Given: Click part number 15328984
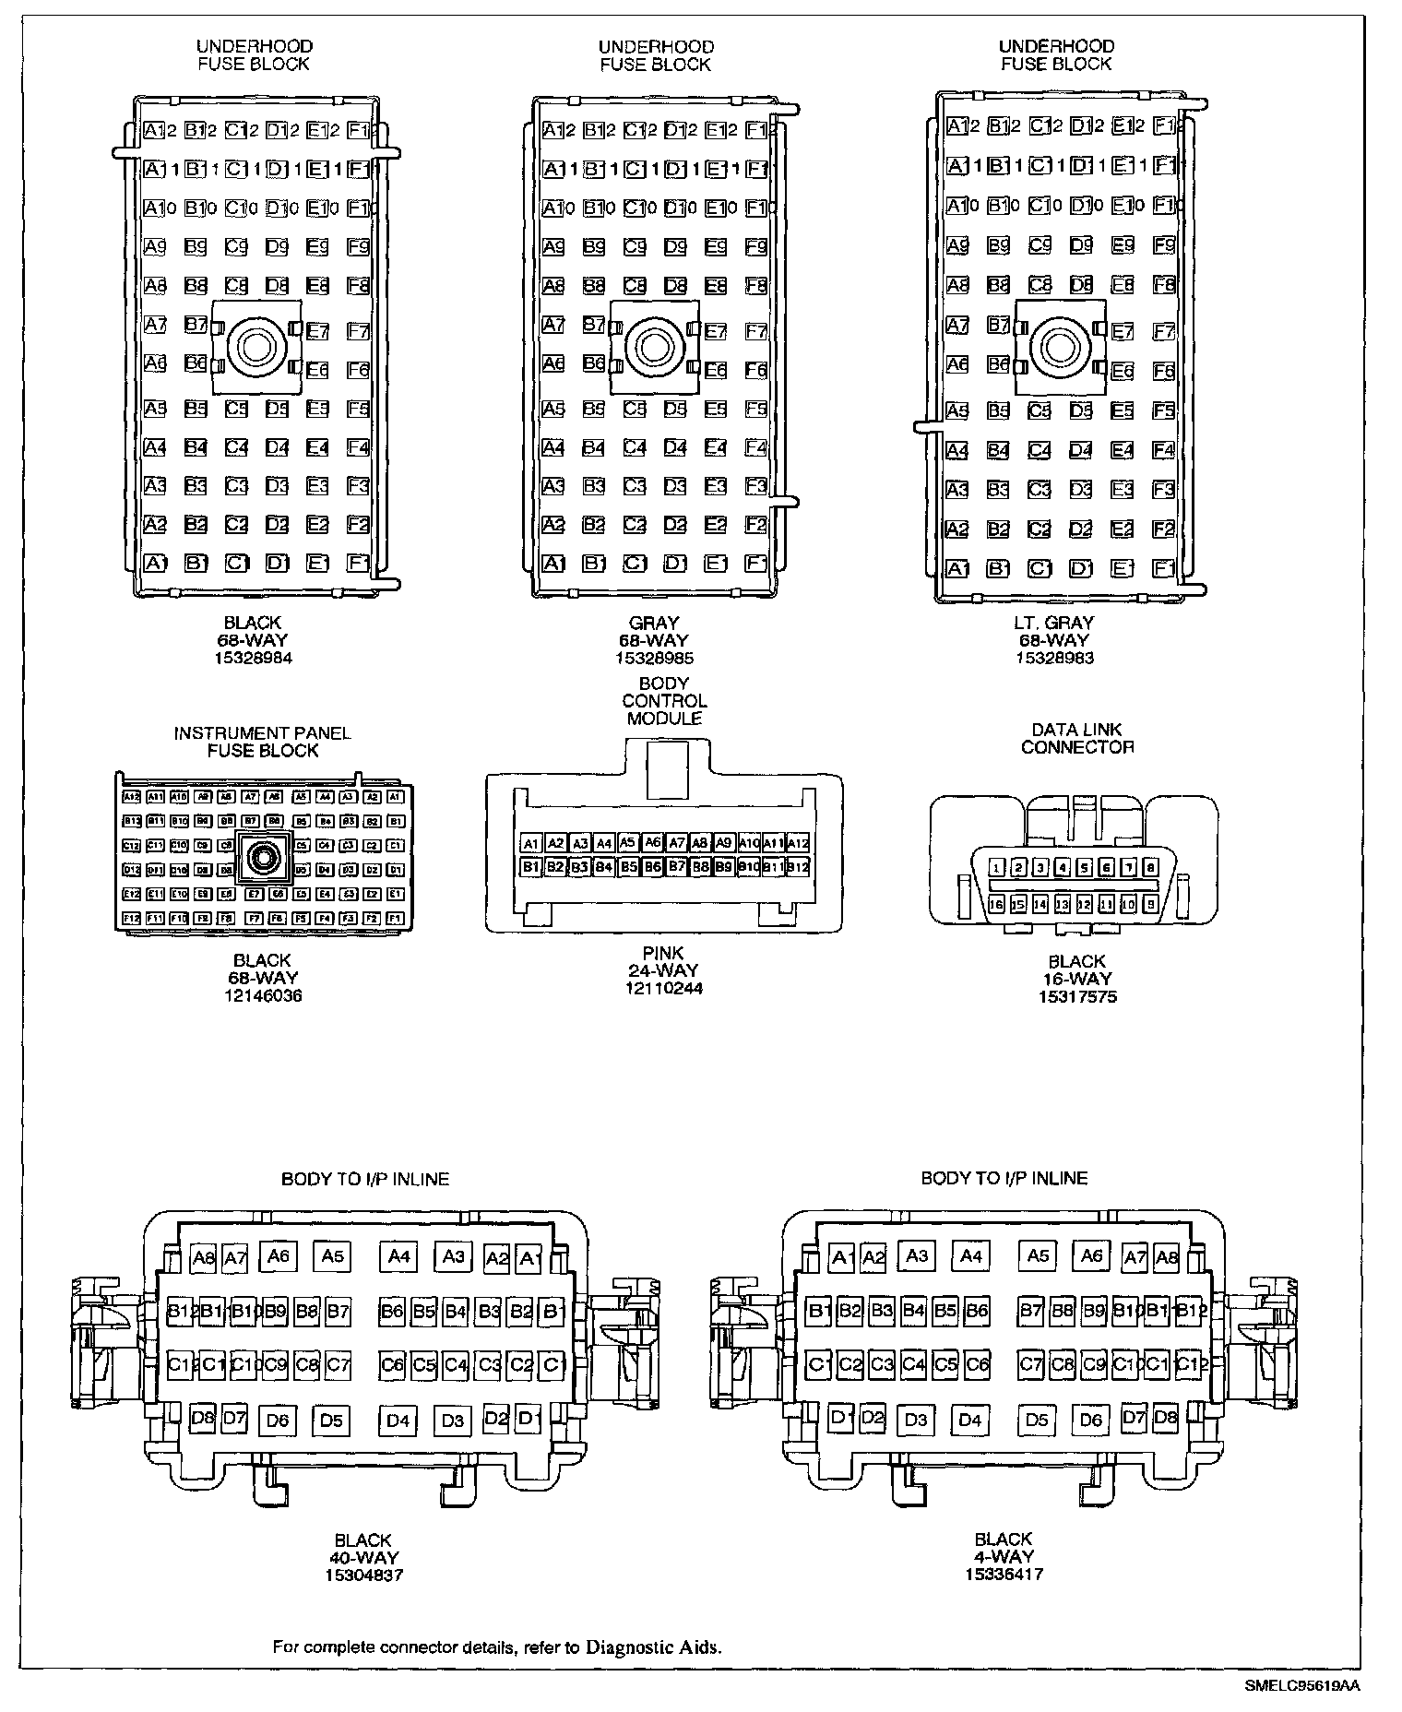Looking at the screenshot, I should (x=252, y=659).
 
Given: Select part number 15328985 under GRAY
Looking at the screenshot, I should (x=654, y=659).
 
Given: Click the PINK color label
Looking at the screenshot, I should (x=663, y=953).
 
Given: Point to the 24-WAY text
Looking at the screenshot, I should (x=663, y=970).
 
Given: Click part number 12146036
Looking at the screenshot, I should (x=263, y=995).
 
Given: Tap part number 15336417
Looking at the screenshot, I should (x=1004, y=1575).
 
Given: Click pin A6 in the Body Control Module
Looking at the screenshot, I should (x=652, y=842).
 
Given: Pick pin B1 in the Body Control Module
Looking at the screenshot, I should (x=530, y=867).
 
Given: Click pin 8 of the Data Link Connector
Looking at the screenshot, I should (x=1150, y=867).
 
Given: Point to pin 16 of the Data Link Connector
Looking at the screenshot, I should (x=996, y=905).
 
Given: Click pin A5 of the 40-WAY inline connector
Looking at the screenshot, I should (x=332, y=1255).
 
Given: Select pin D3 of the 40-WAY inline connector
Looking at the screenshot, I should (x=452, y=1420).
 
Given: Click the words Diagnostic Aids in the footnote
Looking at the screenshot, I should (x=652, y=1647).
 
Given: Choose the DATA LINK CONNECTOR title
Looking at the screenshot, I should (x=1076, y=738).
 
